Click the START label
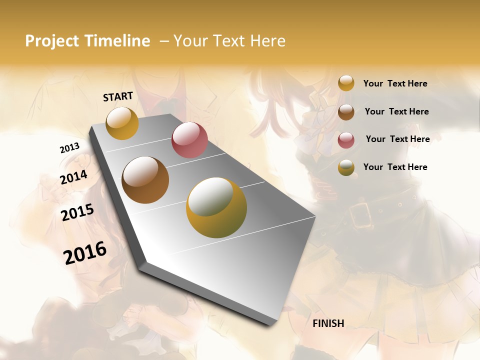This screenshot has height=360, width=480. click(x=118, y=96)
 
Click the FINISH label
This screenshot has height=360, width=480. click(x=328, y=323)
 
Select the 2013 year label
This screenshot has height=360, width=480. click(x=69, y=148)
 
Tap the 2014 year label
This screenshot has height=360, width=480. click(x=73, y=177)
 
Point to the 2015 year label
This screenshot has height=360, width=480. click(x=77, y=212)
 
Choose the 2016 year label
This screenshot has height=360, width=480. click(x=85, y=253)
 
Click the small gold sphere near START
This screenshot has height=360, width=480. click(x=122, y=123)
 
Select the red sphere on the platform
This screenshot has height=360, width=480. click(x=189, y=140)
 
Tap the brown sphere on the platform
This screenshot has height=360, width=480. click(x=145, y=180)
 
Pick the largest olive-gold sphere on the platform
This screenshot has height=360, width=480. click(x=216, y=207)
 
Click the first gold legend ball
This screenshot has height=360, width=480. click(x=346, y=83)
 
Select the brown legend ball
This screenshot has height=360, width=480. click(x=346, y=111)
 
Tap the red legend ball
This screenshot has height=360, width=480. click(x=346, y=139)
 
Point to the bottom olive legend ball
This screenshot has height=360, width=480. click(x=346, y=167)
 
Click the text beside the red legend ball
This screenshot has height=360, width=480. click(x=397, y=139)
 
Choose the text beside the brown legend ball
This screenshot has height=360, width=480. click(x=396, y=111)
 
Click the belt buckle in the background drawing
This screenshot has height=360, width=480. click(x=359, y=215)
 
